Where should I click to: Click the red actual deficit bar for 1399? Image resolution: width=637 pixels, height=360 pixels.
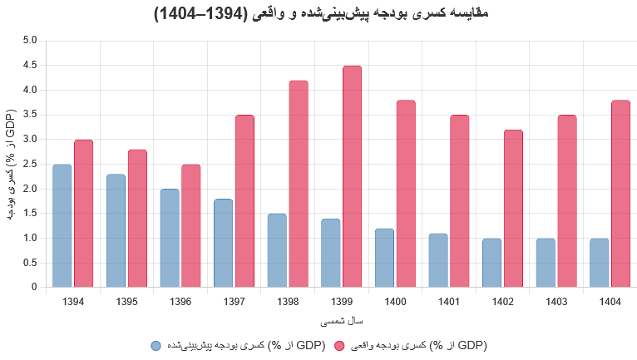(352, 176)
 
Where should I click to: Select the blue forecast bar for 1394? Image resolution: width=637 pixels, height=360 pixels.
(62, 225)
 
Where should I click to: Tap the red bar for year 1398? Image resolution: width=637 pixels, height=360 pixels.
(299, 184)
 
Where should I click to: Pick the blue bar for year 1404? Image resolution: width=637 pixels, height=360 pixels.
(599, 263)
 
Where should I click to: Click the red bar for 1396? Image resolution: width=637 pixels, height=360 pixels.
(191, 225)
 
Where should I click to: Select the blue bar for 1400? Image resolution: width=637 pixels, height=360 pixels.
(384, 258)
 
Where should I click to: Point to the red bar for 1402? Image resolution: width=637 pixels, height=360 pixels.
(513, 209)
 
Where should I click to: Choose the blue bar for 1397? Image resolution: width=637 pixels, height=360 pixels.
(223, 243)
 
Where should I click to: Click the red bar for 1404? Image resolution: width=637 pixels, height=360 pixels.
(620, 194)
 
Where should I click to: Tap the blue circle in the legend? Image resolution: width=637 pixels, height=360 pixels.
(156, 345)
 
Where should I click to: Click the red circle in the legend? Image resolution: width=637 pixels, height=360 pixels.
(339, 345)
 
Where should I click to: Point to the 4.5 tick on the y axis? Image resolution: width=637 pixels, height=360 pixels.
(30, 65)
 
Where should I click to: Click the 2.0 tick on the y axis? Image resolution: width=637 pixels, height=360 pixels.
(30, 189)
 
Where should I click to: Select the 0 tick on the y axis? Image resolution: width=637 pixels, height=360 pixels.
(34, 288)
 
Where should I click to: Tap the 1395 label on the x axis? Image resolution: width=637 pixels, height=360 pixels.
(126, 301)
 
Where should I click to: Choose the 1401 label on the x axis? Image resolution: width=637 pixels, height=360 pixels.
(448, 301)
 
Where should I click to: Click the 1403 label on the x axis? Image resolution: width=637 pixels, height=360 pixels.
(556, 301)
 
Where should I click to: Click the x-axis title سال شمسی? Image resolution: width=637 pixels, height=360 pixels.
(341, 320)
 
